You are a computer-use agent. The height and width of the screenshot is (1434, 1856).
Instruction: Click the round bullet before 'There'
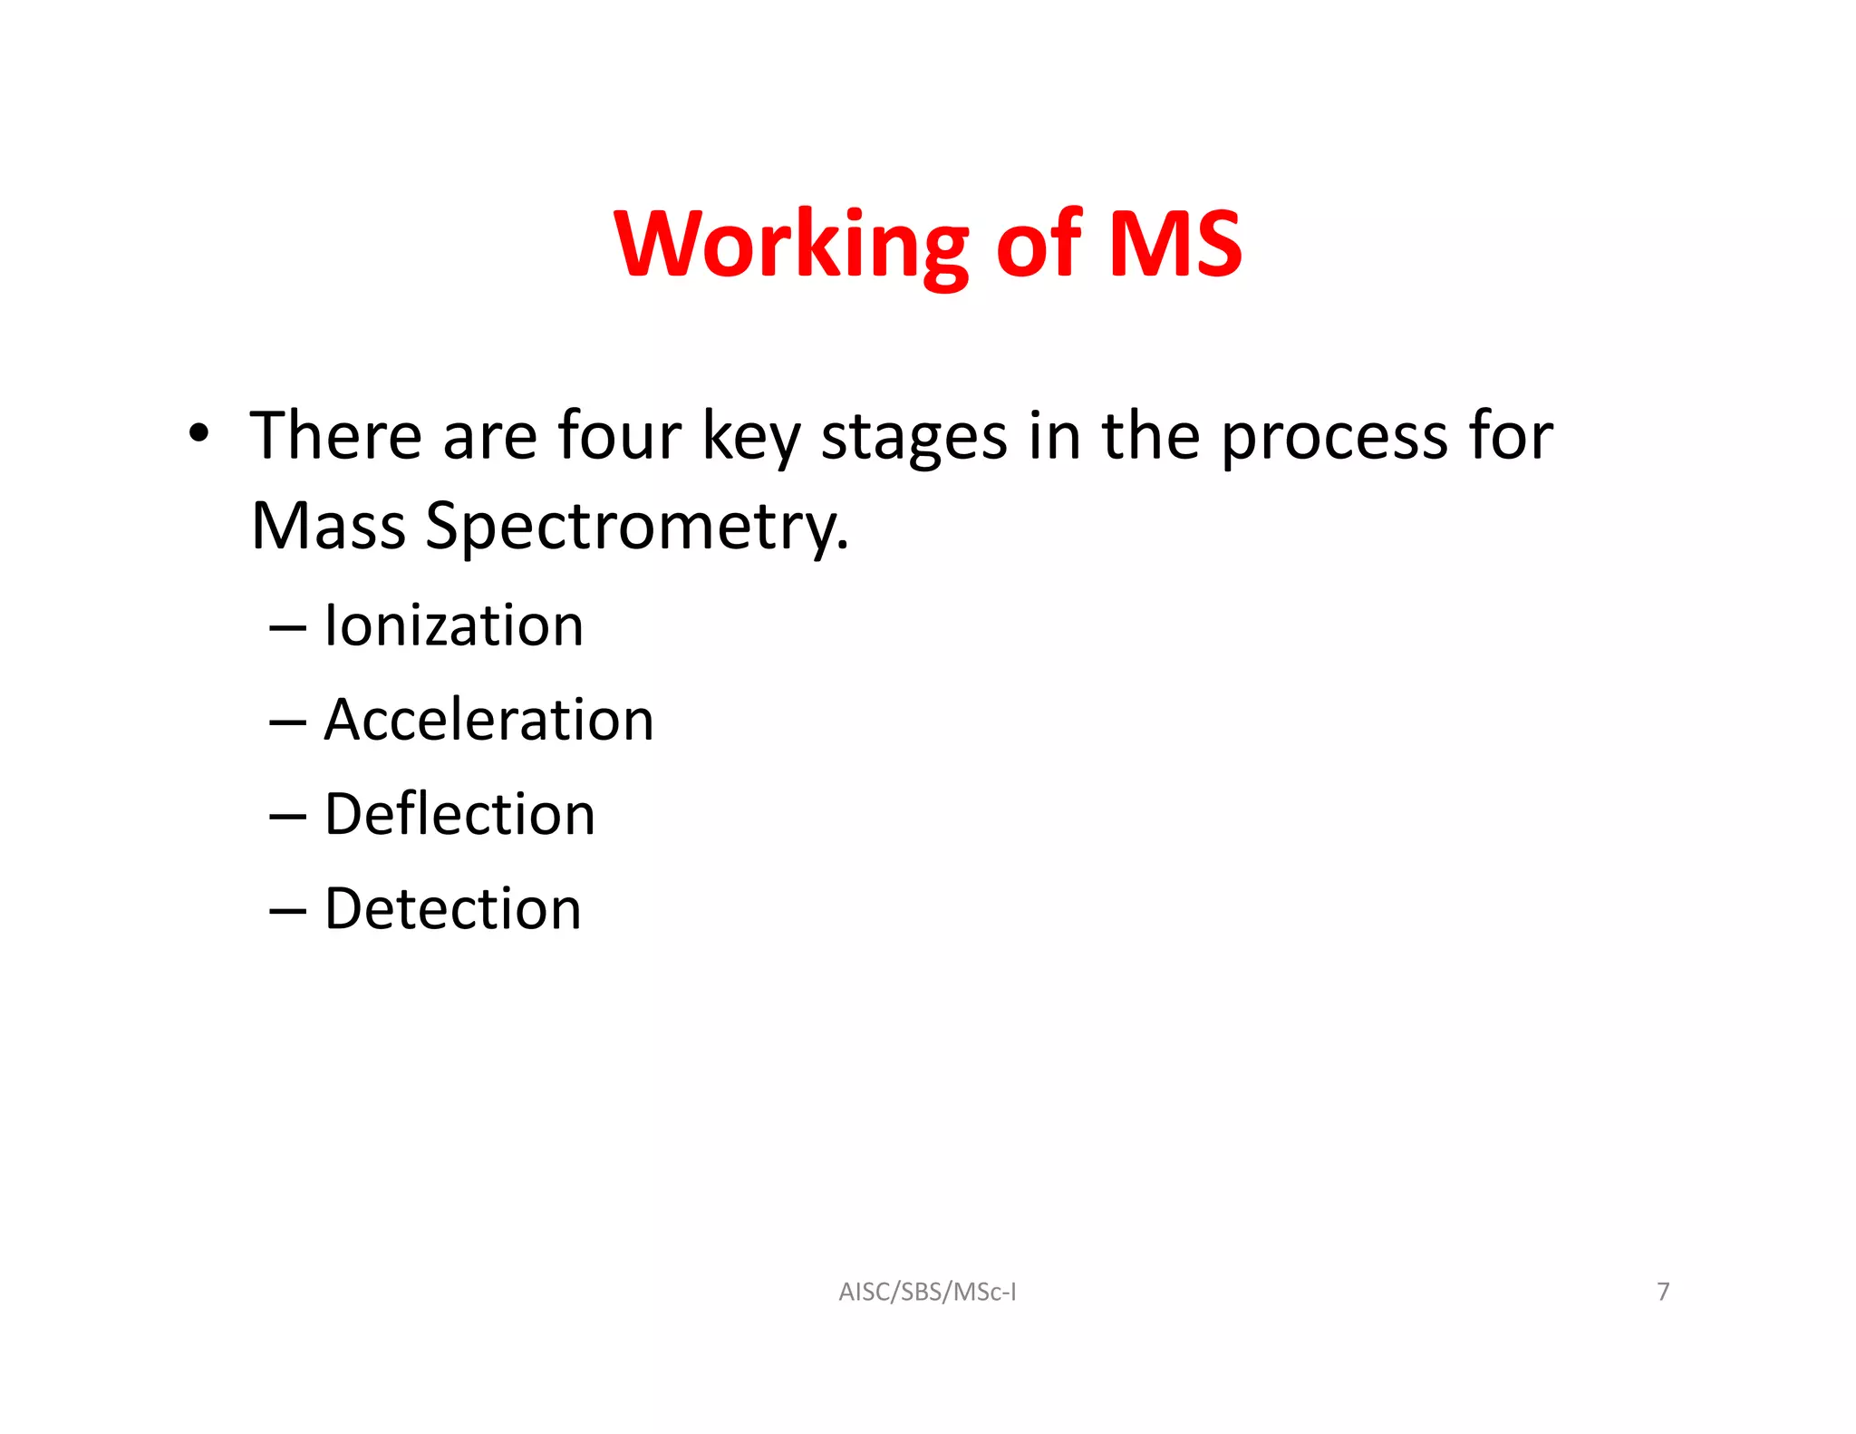[x=198, y=432]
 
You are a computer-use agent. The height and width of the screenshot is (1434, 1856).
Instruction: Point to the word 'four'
[x=619, y=436]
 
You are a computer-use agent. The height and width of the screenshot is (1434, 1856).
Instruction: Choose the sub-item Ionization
[x=454, y=625]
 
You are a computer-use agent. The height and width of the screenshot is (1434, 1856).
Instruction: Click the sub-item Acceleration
[x=488, y=720]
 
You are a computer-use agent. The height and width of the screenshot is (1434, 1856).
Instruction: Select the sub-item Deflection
[x=459, y=814]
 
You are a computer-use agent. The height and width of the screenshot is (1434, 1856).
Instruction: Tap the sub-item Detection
[x=452, y=908]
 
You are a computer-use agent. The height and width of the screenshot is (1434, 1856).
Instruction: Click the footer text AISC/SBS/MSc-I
[x=927, y=1292]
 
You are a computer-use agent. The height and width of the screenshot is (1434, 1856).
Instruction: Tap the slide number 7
[x=1663, y=1292]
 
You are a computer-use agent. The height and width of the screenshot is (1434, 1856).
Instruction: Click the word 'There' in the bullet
[x=335, y=436]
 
